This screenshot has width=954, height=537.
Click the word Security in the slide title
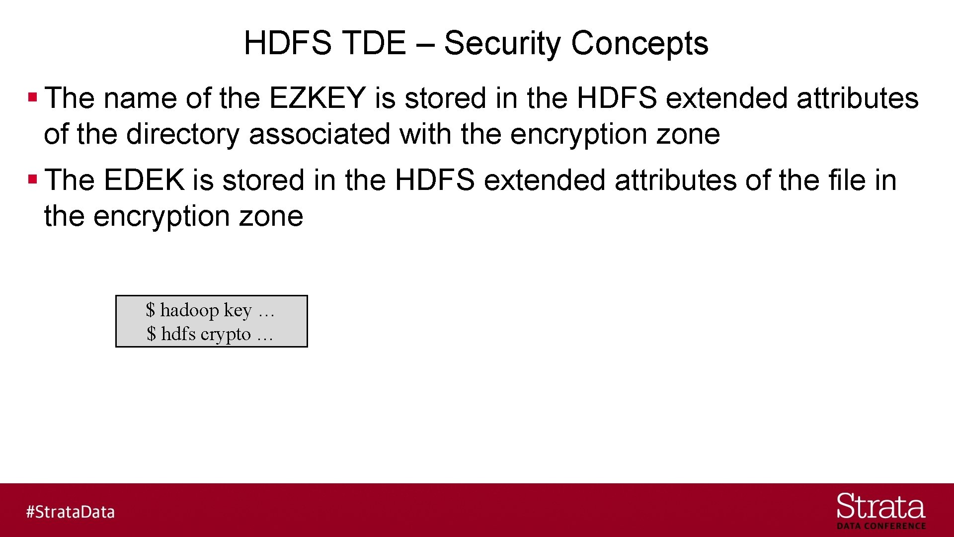click(502, 43)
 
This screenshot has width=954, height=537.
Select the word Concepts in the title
click(639, 43)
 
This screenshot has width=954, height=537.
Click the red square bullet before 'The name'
click(33, 96)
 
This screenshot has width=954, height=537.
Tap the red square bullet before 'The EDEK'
click(33, 179)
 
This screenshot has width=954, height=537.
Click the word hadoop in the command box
click(189, 310)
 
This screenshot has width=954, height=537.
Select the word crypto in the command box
click(226, 334)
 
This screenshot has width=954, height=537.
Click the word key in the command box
click(238, 310)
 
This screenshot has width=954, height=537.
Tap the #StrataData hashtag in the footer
click(71, 512)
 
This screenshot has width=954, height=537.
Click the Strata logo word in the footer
click(880, 507)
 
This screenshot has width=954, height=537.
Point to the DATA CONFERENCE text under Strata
click(881, 526)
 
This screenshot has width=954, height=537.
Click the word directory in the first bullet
click(183, 134)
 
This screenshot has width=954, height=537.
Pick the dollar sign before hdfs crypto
click(151, 334)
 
